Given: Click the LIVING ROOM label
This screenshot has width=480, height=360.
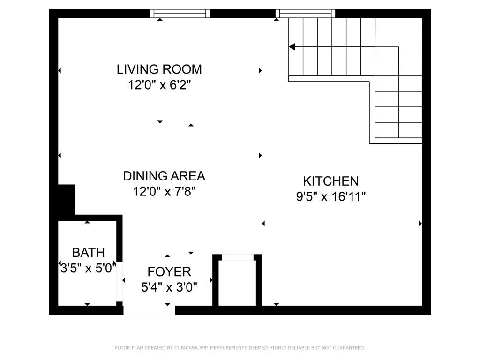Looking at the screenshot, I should pyautogui.click(x=159, y=69).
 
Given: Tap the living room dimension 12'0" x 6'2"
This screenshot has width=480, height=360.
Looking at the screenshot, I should pyautogui.click(x=159, y=85).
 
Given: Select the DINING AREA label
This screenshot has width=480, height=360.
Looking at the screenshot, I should pyautogui.click(x=164, y=176).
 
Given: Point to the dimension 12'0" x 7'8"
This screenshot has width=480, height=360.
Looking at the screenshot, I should pyautogui.click(x=164, y=192).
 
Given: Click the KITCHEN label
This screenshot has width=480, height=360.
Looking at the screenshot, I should pyautogui.click(x=330, y=181).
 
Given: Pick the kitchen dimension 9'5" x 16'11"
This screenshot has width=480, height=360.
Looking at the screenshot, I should pyautogui.click(x=330, y=196).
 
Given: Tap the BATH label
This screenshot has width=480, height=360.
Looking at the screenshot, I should pyautogui.click(x=88, y=253).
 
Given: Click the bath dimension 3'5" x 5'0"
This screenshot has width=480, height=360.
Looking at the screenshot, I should pyautogui.click(x=88, y=269).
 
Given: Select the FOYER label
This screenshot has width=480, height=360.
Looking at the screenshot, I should pyautogui.click(x=169, y=271).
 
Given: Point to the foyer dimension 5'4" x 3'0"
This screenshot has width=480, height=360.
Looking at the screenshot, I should pyautogui.click(x=169, y=287).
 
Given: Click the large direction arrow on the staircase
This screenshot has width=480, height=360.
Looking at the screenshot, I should pyautogui.click(x=292, y=47).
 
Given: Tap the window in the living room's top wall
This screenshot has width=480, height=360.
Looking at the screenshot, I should pyautogui.click(x=180, y=14).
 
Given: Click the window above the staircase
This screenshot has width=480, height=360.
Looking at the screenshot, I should pyautogui.click(x=305, y=14).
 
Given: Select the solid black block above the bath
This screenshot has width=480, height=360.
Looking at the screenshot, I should pyautogui.click(x=66, y=199).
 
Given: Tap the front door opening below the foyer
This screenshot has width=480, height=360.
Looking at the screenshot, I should pyautogui.click(x=149, y=310).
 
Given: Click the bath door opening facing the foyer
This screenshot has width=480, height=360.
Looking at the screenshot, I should pyautogui.click(x=120, y=281).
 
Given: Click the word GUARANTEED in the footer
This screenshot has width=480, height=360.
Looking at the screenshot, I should pyautogui.click(x=349, y=348).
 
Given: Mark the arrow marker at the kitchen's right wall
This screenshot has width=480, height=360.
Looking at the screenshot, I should pyautogui.click(x=420, y=224).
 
